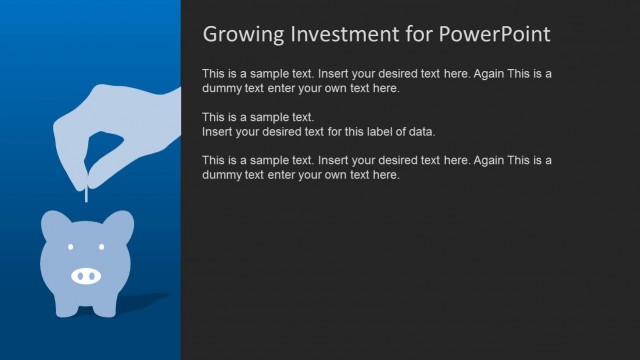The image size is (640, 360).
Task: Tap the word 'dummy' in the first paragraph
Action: (221, 88)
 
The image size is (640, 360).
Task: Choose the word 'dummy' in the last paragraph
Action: (221, 175)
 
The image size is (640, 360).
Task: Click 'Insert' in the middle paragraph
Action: (219, 132)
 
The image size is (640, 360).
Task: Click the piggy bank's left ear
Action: (55, 223)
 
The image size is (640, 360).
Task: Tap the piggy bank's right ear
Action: (120, 223)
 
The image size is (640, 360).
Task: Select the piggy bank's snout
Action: (87, 274)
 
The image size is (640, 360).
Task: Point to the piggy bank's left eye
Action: (71, 248)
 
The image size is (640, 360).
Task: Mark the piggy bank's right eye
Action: (104, 248)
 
